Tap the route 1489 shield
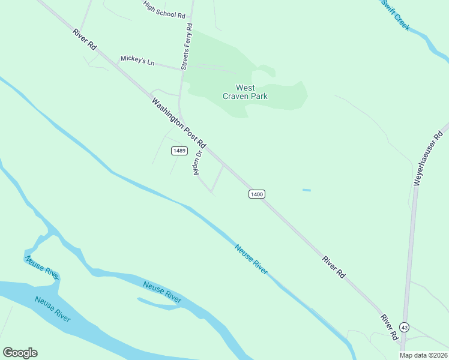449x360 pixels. click(x=178, y=151)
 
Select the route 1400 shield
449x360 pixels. click(x=256, y=194)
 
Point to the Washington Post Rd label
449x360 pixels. click(x=179, y=124)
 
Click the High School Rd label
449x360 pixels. click(x=164, y=9)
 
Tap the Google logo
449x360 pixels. click(x=20, y=353)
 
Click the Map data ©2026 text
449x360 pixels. click(x=424, y=355)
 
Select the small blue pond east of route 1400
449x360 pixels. click(x=307, y=190)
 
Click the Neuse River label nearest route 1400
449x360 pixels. click(x=251, y=259)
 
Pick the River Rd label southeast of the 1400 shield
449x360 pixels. click(x=334, y=267)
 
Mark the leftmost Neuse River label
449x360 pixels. click(x=41, y=267)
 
